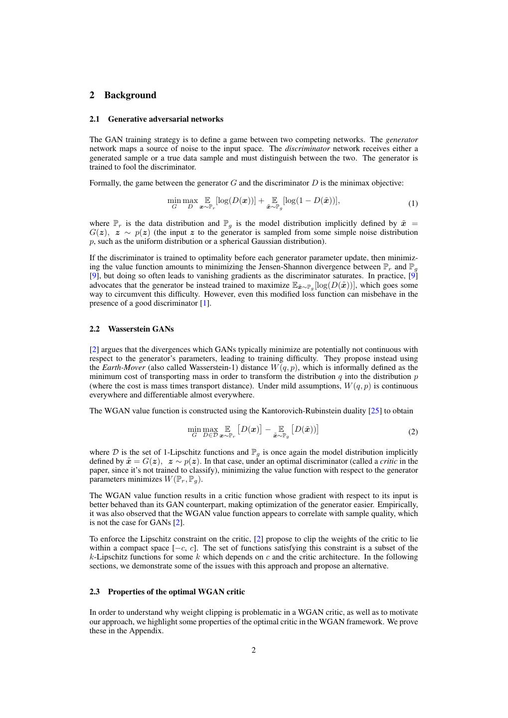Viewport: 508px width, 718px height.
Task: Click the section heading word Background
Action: pyautogui.click(x=130, y=95)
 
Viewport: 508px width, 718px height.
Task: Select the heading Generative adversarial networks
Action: pyautogui.click(x=166, y=119)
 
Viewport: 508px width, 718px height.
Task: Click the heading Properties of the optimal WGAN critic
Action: pyautogui.click(x=176, y=592)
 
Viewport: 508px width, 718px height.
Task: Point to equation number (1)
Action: pyautogui.click(x=413, y=203)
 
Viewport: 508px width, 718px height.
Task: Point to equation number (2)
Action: pyautogui.click(x=413, y=432)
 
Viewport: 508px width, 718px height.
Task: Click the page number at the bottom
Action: pyautogui.click(x=254, y=650)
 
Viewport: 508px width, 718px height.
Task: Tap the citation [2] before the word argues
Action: pyautogui.click(x=94, y=350)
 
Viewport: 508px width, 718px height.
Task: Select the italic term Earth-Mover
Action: pyautogui.click(x=124, y=367)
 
